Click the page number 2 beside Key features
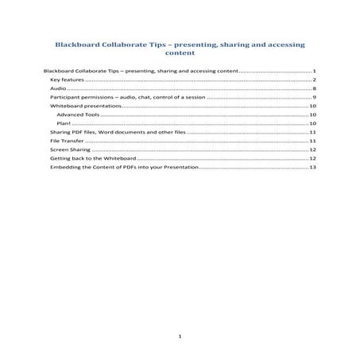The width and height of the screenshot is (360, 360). point(315,80)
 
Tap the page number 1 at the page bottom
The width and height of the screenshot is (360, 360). point(180,337)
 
